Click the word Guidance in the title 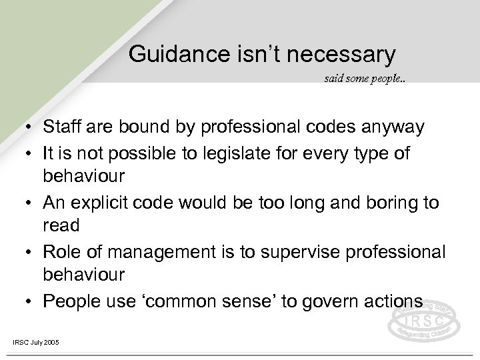171,53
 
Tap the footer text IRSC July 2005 36,342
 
